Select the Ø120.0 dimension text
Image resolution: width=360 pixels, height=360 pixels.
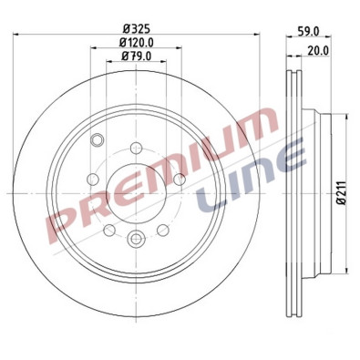137,42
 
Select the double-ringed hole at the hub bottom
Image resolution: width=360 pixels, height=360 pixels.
137,239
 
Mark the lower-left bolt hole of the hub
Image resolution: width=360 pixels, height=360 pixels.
110,229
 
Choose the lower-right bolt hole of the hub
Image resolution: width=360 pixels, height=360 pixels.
164,229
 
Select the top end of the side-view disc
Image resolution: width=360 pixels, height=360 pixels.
294,68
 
